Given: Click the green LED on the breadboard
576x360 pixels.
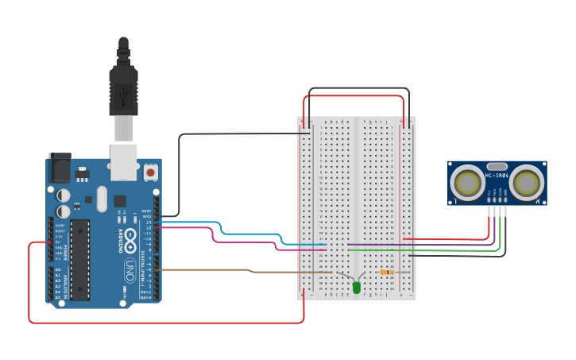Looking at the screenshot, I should tap(356, 287).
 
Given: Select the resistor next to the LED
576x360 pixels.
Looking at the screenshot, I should tap(387, 272).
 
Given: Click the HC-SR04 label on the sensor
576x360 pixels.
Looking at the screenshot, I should tap(497, 176).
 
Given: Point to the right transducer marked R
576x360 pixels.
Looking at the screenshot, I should tap(526, 184).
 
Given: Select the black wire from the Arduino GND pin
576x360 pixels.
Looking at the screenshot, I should tap(180, 175).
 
